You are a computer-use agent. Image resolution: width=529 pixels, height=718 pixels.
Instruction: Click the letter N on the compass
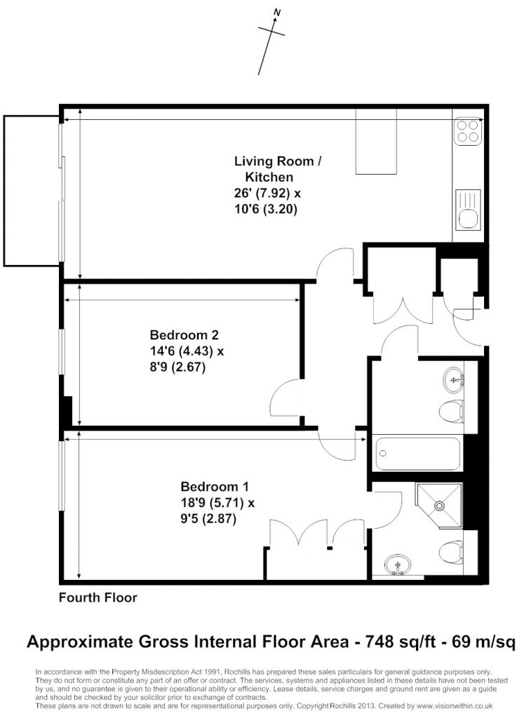tap(276, 13)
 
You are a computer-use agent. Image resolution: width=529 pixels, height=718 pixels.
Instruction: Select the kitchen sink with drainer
tap(468, 210)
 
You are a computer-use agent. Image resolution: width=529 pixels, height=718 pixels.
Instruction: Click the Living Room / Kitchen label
tap(278, 169)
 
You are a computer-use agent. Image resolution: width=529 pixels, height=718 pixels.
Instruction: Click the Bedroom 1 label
tap(215, 487)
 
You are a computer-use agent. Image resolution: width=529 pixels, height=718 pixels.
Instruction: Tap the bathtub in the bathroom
tap(417, 454)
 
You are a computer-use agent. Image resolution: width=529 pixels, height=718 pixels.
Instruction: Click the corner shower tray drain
tap(440, 506)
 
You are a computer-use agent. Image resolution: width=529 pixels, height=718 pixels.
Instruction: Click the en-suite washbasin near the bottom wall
tap(397, 565)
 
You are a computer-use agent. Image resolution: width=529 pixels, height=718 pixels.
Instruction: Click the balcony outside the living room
tap(32, 191)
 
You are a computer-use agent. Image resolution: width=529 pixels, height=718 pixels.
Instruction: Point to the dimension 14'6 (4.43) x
tap(187, 351)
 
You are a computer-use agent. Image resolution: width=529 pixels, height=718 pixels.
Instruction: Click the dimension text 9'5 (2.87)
tap(208, 519)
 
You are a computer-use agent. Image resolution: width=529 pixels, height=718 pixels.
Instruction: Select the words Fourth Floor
tap(98, 597)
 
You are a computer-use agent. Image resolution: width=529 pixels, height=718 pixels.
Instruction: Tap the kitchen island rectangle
tap(377, 142)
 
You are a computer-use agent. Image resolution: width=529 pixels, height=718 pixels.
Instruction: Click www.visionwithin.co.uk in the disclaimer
tap(455, 706)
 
